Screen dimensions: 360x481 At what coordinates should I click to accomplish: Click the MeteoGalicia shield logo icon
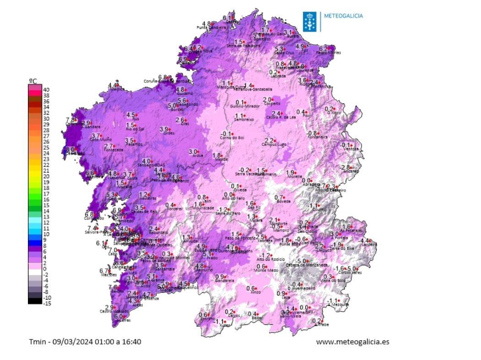pos(309,21)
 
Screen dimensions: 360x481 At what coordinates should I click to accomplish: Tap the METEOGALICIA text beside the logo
pos(343,16)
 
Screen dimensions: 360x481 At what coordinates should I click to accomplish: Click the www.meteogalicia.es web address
pos(352,341)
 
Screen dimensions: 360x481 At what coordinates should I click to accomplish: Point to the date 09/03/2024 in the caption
pos(68,341)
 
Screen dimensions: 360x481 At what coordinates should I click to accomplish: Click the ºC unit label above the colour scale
pos(33,81)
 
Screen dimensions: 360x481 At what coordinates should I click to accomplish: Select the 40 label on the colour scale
pos(46,90)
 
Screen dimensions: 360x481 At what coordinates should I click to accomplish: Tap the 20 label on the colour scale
pos(46,176)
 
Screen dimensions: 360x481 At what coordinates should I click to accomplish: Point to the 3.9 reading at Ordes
pos(164,129)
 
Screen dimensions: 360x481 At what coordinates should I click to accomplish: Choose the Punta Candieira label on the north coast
pos(211,28)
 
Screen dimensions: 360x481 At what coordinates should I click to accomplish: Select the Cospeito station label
pos(272,104)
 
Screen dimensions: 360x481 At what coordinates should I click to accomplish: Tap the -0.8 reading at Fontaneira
pos(311,133)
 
